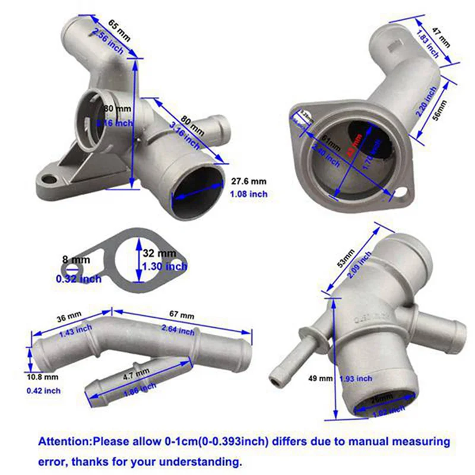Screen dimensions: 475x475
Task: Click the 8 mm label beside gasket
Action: click(x=77, y=259)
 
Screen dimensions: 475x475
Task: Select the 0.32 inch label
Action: click(x=78, y=278)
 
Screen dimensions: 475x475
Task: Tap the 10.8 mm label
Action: click(x=43, y=376)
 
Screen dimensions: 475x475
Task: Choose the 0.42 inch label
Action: click(x=43, y=390)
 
